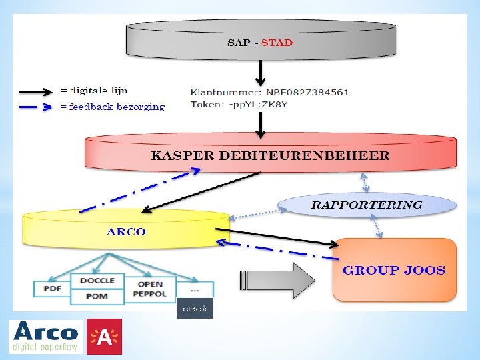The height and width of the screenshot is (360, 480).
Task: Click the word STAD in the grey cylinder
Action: click(277, 43)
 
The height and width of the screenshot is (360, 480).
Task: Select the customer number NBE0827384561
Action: click(307, 92)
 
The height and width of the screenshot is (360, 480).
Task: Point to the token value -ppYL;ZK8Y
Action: click(257, 104)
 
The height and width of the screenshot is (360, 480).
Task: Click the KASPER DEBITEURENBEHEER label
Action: click(270, 156)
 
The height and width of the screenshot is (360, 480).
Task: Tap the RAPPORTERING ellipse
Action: click(367, 205)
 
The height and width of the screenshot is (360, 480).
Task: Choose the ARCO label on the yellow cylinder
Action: click(126, 232)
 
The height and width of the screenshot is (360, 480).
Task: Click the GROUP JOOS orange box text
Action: click(394, 270)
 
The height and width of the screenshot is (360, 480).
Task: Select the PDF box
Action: click(52, 289)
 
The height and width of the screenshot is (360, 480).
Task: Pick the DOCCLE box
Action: click(97, 281)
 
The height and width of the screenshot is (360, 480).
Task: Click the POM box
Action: click(97, 296)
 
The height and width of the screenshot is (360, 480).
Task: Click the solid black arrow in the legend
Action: click(36, 92)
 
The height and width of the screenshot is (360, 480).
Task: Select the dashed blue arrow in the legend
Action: click(36, 107)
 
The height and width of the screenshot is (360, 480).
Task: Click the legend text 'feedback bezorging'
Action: click(117, 107)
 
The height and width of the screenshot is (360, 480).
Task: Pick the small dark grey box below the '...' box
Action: click(195, 308)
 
